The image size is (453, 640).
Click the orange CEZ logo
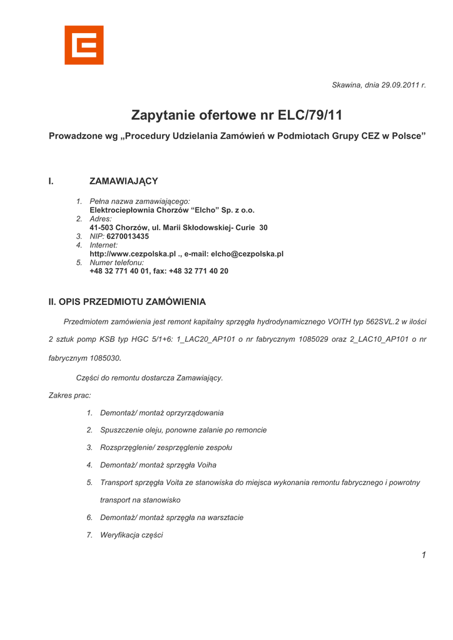(84, 45)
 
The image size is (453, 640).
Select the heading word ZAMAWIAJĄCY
(124, 181)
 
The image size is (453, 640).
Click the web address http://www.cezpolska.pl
(132, 254)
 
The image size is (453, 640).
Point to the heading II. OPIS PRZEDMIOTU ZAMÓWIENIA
(127, 302)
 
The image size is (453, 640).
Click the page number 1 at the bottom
(424, 555)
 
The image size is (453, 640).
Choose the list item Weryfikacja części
(131, 535)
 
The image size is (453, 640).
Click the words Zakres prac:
(69, 396)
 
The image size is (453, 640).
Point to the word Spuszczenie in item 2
(122, 430)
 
